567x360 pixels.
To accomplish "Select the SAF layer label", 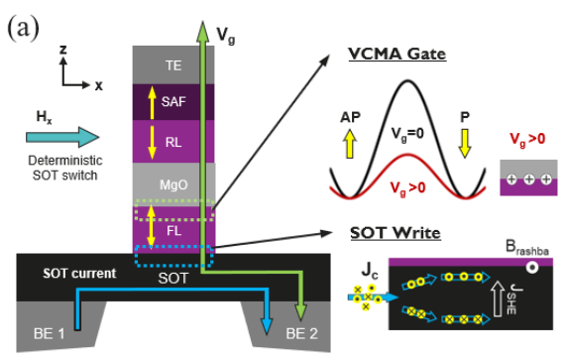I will pyautogui.click(x=173, y=101).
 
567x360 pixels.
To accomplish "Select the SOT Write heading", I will pyautogui.click(x=395, y=233).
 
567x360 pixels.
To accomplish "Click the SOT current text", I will pyautogui.click(x=72, y=273).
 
